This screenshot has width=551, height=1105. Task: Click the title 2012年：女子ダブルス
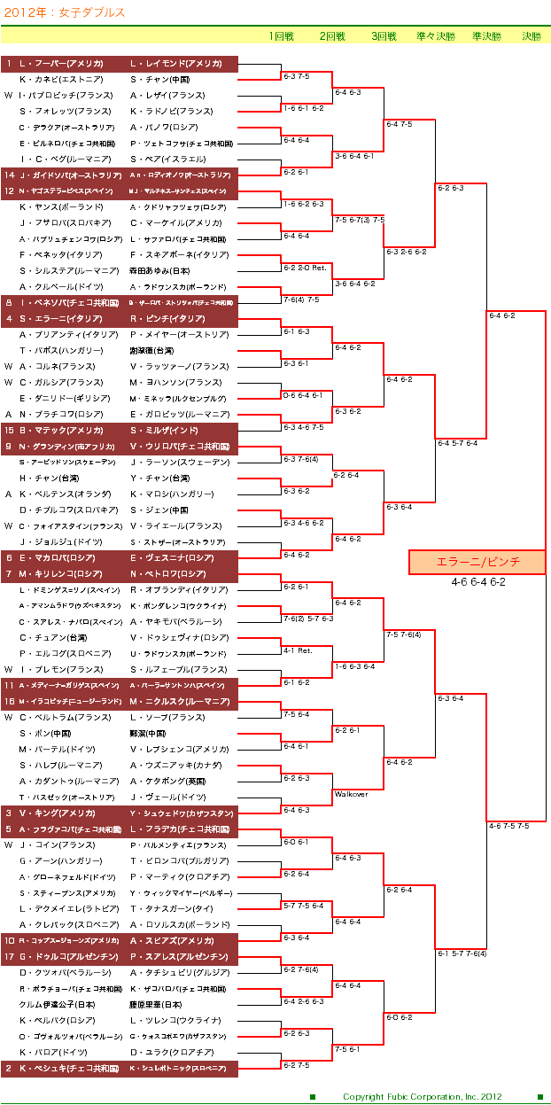pyautogui.click(x=63, y=12)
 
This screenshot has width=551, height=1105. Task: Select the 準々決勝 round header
pyautogui.click(x=435, y=36)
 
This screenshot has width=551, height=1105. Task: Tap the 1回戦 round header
pyautogui.click(x=282, y=36)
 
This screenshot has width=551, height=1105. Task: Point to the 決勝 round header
pyautogui.click(x=531, y=36)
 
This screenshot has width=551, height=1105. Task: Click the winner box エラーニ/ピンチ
pyautogui.click(x=477, y=562)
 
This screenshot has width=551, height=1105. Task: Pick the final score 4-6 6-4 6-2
pyautogui.click(x=477, y=582)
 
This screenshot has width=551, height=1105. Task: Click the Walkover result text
pyautogui.click(x=351, y=795)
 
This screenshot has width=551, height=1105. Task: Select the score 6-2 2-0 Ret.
pyautogui.click(x=305, y=268)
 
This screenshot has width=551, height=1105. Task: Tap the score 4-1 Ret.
pyautogui.click(x=298, y=650)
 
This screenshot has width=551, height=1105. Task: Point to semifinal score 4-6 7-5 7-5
pyautogui.click(x=508, y=826)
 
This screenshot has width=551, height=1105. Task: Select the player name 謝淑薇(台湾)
pyautogui.click(x=152, y=351)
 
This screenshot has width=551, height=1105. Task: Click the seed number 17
pyautogui.click(x=9, y=957)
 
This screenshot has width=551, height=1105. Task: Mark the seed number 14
pyautogui.click(x=9, y=175)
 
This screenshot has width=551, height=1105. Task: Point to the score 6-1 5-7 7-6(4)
pyautogui.click(x=462, y=953)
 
